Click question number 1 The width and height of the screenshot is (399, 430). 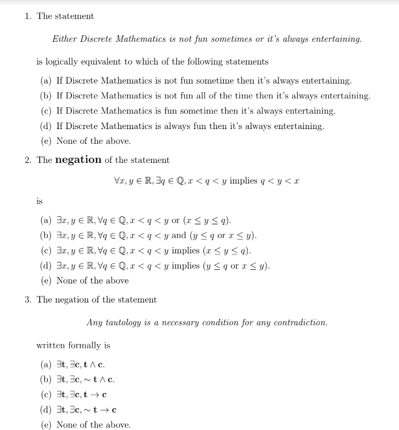tap(27, 16)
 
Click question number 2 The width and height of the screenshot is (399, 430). tap(27, 160)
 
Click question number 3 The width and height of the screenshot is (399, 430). tap(27, 300)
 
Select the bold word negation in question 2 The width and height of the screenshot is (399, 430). tap(78, 160)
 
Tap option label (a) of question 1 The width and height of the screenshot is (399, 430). tap(46, 81)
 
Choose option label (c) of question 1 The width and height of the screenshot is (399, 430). tap(46, 111)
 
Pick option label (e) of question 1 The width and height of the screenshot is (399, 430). tap(46, 141)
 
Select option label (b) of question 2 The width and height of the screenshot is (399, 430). tap(46, 235)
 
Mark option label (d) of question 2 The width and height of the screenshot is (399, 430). tap(46, 266)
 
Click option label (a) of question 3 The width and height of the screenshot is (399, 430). tap(46, 364)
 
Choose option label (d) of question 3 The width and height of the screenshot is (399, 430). tap(46, 410)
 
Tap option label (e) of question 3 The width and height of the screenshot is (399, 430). tap(46, 425)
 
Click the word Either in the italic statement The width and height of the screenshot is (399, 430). tap(64, 39)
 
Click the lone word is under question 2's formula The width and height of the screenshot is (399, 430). tap(40, 201)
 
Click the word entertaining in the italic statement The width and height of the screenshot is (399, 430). tap(335, 39)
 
